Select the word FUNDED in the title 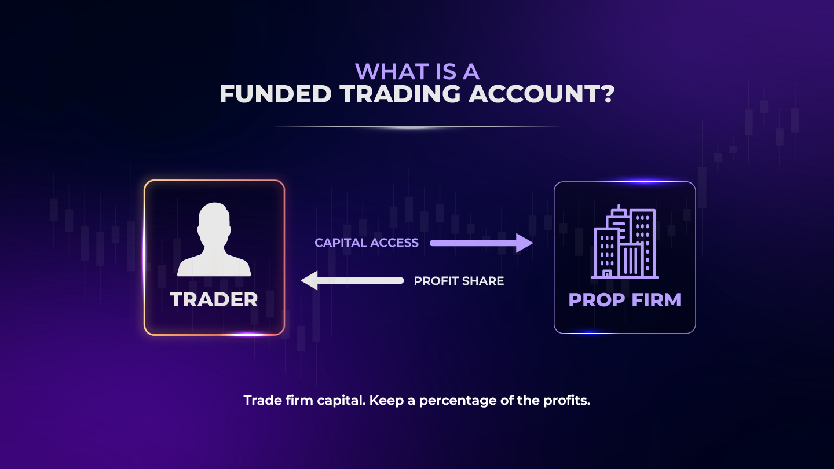275,94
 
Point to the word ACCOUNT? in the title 541,94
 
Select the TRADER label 214,299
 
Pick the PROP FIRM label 625,299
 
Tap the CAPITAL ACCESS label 367,243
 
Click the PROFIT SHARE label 459,281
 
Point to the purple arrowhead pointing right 524,243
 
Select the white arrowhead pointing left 310,281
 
